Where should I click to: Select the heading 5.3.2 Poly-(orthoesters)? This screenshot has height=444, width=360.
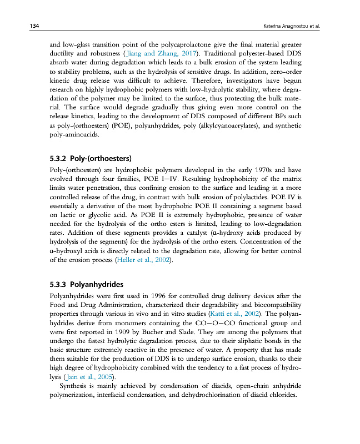tap(90, 158)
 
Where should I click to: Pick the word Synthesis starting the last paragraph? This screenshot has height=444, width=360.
tap(76, 386)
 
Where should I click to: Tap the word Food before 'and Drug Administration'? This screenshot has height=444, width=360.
tap(59, 305)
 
